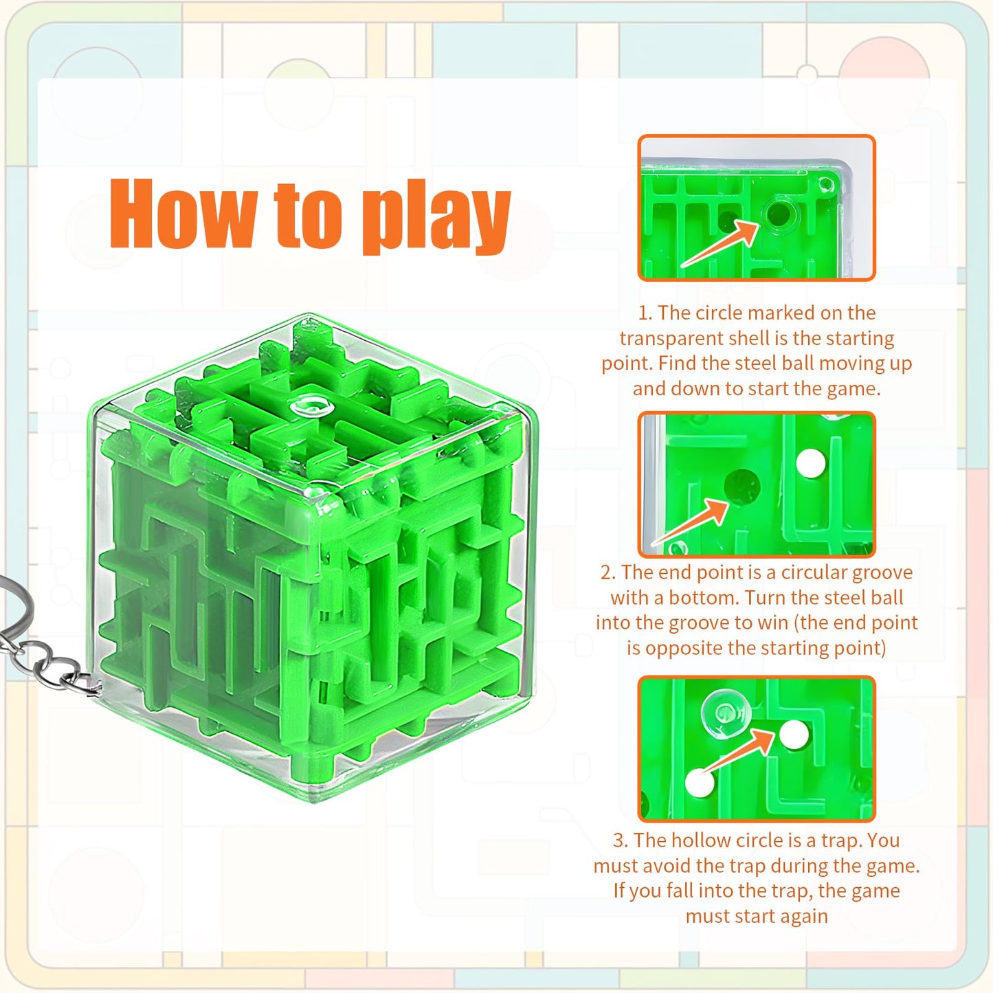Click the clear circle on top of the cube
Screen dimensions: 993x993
(311, 406)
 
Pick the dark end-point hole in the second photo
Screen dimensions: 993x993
(741, 486)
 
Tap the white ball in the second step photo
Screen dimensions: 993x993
(810, 463)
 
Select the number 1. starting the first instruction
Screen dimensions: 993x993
(645, 313)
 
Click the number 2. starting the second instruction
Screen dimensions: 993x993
(608, 573)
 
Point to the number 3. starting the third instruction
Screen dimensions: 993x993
(621, 840)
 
